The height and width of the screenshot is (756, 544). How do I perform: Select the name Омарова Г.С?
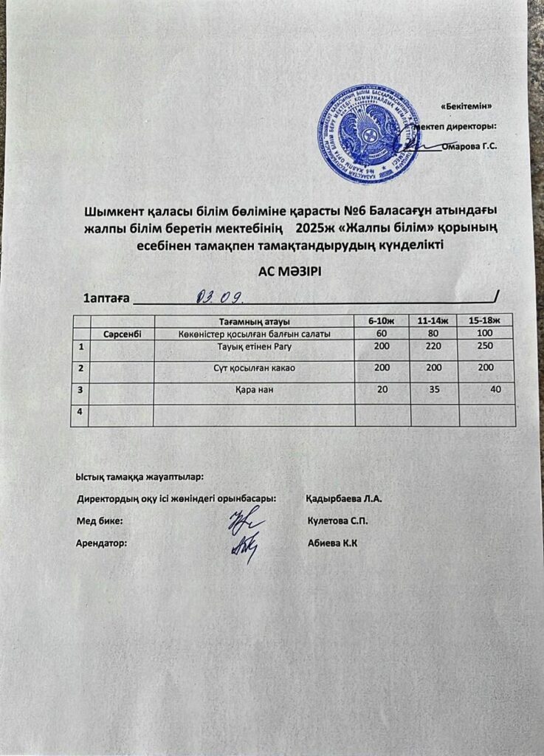(x=469, y=146)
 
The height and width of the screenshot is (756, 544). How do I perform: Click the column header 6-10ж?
(x=382, y=321)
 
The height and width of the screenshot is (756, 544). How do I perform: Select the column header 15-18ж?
(x=485, y=321)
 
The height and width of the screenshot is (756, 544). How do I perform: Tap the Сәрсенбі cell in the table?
(x=122, y=334)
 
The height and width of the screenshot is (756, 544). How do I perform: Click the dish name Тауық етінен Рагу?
(x=254, y=346)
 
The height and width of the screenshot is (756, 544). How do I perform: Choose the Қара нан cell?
(x=254, y=390)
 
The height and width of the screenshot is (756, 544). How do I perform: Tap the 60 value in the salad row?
(x=382, y=334)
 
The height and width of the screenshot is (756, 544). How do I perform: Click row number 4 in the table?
(x=80, y=412)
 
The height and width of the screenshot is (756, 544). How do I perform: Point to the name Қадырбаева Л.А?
(x=342, y=498)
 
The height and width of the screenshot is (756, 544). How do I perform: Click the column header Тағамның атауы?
(x=254, y=321)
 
